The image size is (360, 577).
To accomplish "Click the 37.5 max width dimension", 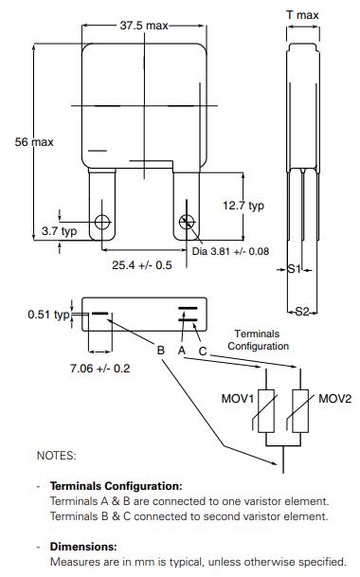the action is (144, 26).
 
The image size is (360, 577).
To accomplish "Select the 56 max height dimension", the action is (34, 142).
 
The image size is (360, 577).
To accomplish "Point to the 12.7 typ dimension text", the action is (243, 206).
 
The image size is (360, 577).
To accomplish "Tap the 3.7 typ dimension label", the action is (60, 231).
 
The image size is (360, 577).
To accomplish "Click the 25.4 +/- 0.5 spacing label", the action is (142, 265).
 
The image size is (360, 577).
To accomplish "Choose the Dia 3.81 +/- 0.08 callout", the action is (230, 251).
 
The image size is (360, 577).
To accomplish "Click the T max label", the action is (302, 15).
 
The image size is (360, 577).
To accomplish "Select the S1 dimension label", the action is (294, 269).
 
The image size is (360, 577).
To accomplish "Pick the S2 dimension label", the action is (302, 312).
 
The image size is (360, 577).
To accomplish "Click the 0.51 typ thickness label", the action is (48, 315).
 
